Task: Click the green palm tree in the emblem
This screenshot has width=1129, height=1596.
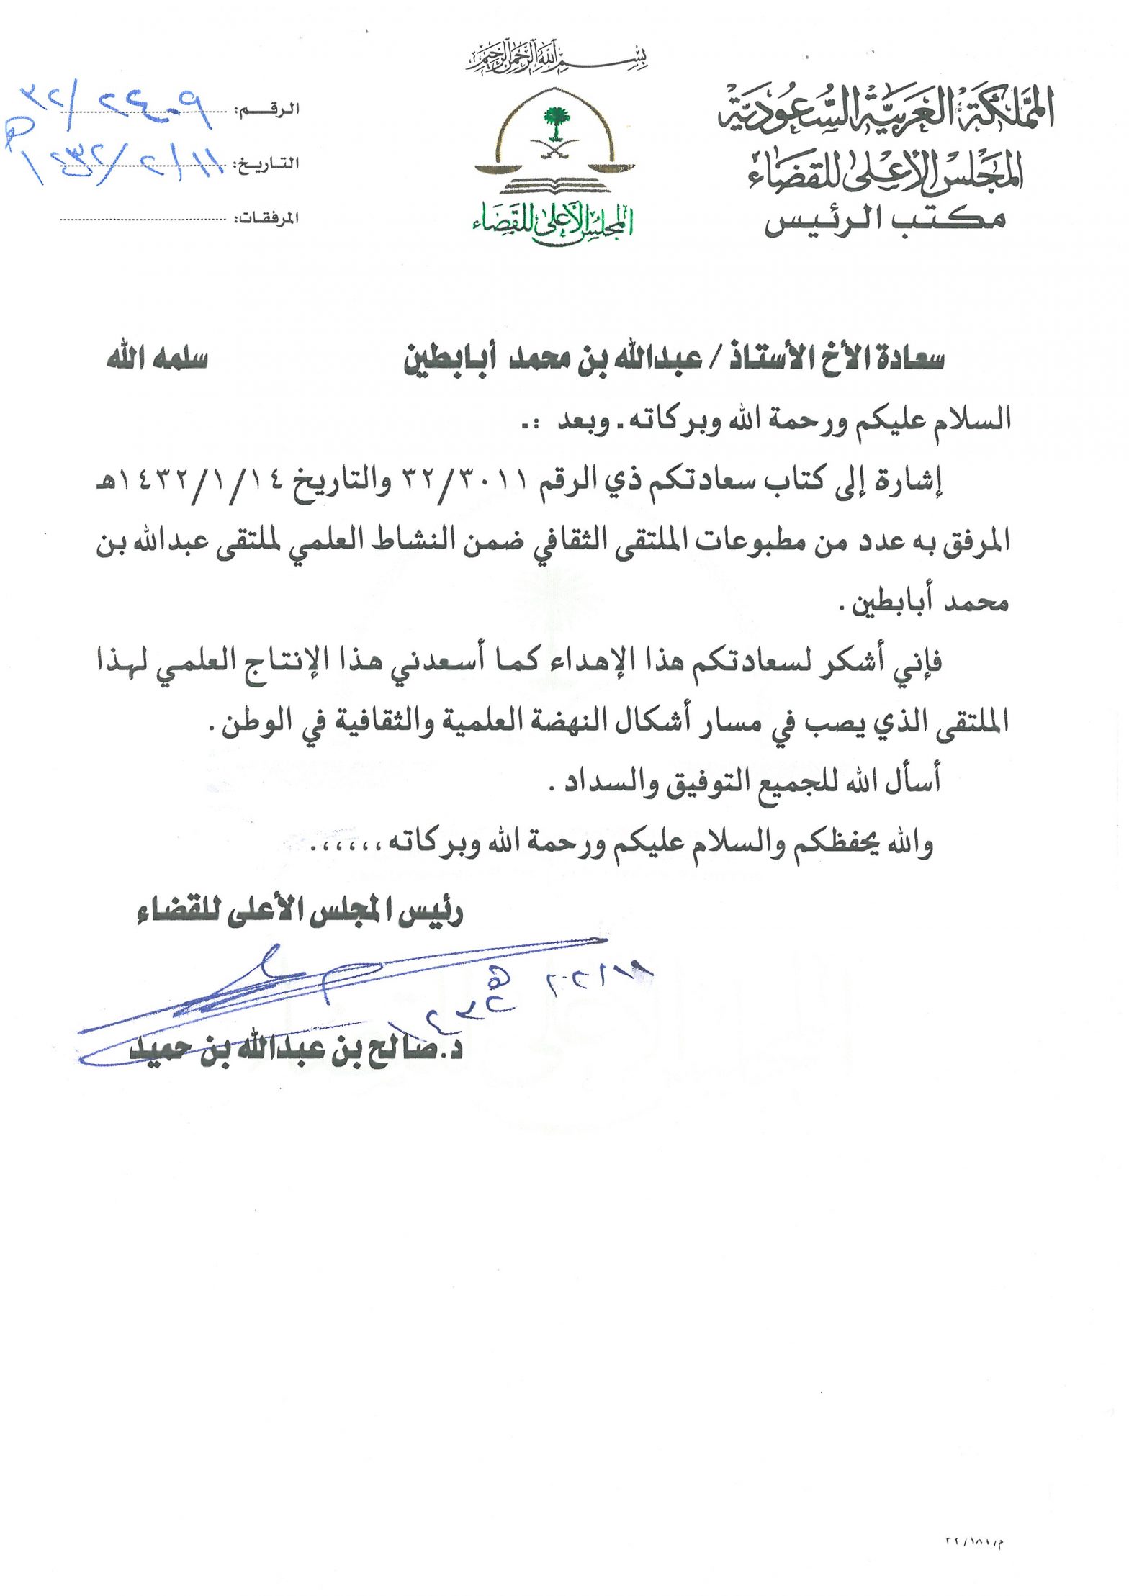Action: point(553,123)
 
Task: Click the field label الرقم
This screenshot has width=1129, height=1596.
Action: point(277,110)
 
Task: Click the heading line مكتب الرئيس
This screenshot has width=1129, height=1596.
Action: point(885,219)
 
